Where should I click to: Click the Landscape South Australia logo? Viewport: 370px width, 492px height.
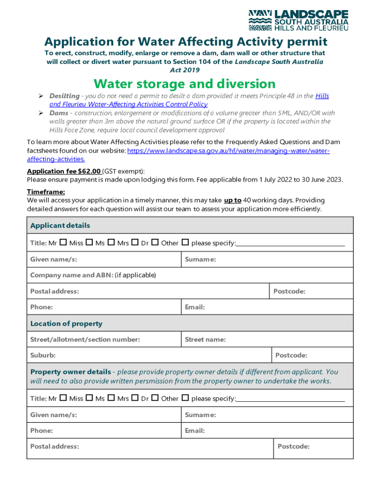(x=298, y=20)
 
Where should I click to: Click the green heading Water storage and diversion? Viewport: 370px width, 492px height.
(x=185, y=84)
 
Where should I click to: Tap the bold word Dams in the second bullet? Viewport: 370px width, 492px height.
(x=59, y=113)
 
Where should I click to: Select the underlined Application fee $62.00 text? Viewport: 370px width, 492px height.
(x=64, y=171)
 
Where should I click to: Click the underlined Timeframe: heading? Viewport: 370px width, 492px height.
(x=46, y=192)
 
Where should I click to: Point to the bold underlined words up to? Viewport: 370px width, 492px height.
(x=233, y=200)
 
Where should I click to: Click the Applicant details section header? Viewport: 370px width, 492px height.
(x=60, y=226)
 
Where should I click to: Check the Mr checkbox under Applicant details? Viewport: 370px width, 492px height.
(x=63, y=243)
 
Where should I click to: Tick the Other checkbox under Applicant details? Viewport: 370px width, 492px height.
(x=185, y=243)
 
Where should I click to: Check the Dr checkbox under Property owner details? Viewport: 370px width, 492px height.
(x=155, y=398)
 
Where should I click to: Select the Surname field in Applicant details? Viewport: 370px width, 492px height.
(x=267, y=260)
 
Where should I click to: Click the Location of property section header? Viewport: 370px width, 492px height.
(x=66, y=324)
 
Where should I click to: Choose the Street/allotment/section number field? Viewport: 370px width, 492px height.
(x=104, y=340)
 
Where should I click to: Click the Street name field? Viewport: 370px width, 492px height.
(x=267, y=340)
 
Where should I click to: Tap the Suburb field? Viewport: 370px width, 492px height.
(x=149, y=356)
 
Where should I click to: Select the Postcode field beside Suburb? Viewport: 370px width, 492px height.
(x=312, y=356)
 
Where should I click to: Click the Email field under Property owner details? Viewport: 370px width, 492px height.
(x=267, y=431)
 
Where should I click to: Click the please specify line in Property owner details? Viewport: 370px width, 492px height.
(x=290, y=399)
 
